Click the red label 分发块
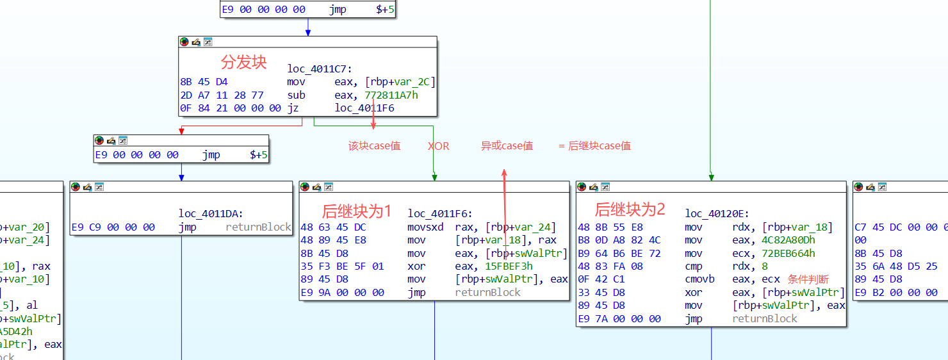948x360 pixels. tap(243, 62)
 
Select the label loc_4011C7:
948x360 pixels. tap(320, 69)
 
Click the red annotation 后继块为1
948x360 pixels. tap(356, 211)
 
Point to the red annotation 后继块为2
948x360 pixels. tap(630, 209)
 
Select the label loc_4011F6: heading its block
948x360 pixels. tap(440, 214)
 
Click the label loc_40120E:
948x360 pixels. tap(717, 214)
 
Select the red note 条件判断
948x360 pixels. tap(808, 279)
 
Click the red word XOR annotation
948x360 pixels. tap(439, 146)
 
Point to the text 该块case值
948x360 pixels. tap(375, 146)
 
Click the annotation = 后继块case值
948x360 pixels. tap(594, 146)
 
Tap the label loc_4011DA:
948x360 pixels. tap(211, 214)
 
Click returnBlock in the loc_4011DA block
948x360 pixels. tap(258, 227)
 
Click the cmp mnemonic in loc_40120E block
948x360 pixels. tap(693, 266)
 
